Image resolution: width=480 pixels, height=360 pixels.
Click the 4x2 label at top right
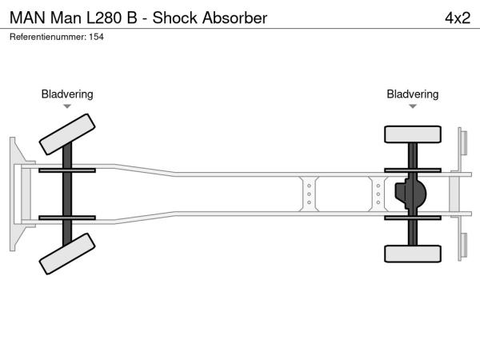click(x=457, y=17)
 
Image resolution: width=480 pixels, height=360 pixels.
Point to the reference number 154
click(x=96, y=37)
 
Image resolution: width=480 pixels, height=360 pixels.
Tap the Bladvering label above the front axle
click(x=67, y=94)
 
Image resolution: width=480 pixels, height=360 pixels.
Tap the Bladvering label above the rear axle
click(x=413, y=94)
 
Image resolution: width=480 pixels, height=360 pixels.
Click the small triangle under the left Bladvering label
click(x=67, y=106)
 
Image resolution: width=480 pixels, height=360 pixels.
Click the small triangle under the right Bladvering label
click(x=413, y=106)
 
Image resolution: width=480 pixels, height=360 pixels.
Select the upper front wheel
click(x=67, y=133)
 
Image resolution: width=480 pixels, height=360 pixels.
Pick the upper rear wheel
click(x=413, y=134)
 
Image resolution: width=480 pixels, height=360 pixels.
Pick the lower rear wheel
click(x=413, y=254)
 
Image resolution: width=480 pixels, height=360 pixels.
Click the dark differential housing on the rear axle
click(x=410, y=194)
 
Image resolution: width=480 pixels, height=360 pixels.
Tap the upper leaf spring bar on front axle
click(x=67, y=170)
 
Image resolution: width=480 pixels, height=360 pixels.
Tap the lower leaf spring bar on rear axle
click(x=413, y=217)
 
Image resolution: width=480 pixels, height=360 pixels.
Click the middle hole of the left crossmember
click(x=308, y=194)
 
